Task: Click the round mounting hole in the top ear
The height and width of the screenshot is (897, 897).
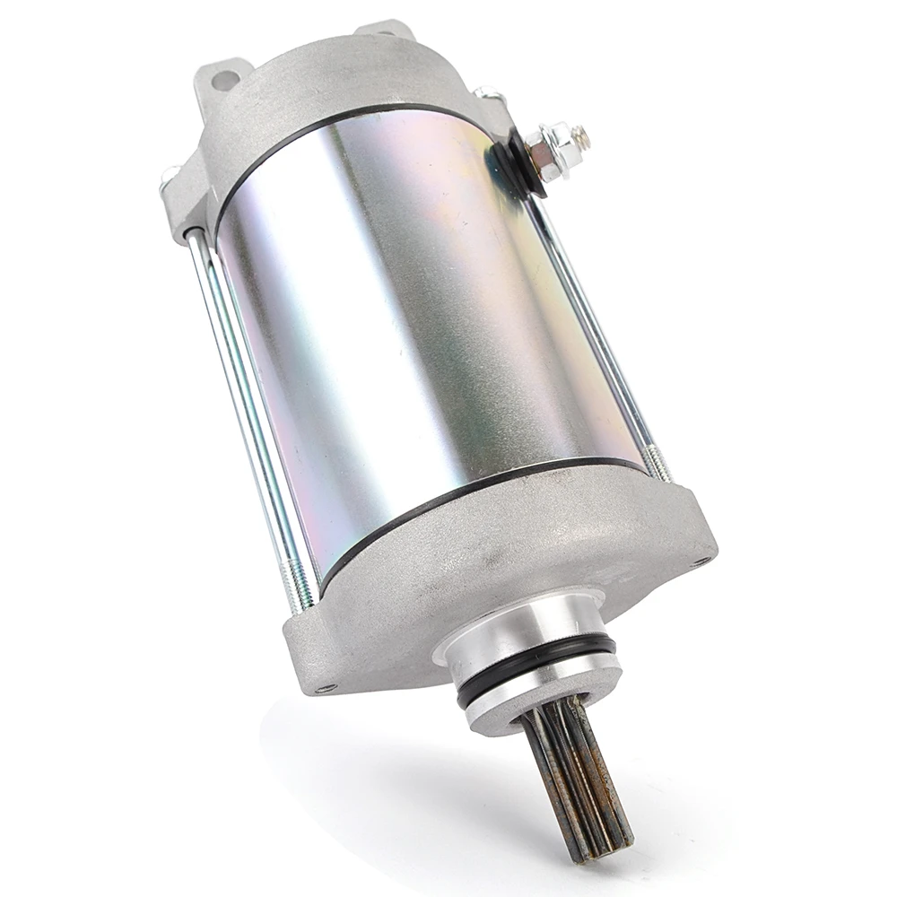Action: coord(225,80)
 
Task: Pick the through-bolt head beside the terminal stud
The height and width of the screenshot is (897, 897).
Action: coord(487,92)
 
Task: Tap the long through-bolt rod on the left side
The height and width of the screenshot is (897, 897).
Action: coord(242,404)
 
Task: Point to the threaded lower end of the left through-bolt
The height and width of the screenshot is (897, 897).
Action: coord(300,574)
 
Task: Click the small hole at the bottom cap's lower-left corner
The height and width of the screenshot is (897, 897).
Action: coord(325,688)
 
